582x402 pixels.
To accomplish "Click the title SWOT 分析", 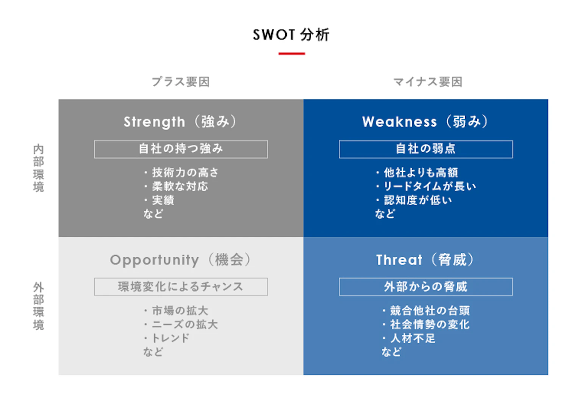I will [x=291, y=35].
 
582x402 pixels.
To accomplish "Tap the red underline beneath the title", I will [x=291, y=54].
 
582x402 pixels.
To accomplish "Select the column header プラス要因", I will [x=181, y=82].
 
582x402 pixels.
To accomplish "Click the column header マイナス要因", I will [x=428, y=82].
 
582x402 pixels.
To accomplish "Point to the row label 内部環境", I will [x=38, y=168].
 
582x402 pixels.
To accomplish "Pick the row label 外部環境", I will [x=38, y=306].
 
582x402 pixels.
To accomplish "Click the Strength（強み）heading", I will [x=181, y=122].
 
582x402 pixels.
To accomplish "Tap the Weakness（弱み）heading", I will [x=426, y=122].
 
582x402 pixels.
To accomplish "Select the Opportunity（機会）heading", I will [x=181, y=260].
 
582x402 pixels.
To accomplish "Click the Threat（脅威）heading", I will [x=426, y=260].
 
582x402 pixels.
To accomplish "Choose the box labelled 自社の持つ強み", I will [x=181, y=149].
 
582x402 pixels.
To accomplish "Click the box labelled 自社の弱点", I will [x=426, y=149].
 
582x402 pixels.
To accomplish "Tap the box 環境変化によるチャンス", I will [x=181, y=287].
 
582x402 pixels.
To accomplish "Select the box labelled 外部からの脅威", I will [x=426, y=287].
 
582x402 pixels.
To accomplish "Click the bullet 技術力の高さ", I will [x=185, y=173].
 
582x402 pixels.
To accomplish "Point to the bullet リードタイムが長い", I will [x=430, y=186].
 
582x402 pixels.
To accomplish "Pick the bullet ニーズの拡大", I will [x=185, y=325].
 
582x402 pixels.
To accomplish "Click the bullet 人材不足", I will [x=413, y=338].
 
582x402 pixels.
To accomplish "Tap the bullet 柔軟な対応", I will [x=180, y=186].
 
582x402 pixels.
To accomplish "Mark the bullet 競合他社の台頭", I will [x=430, y=311].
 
